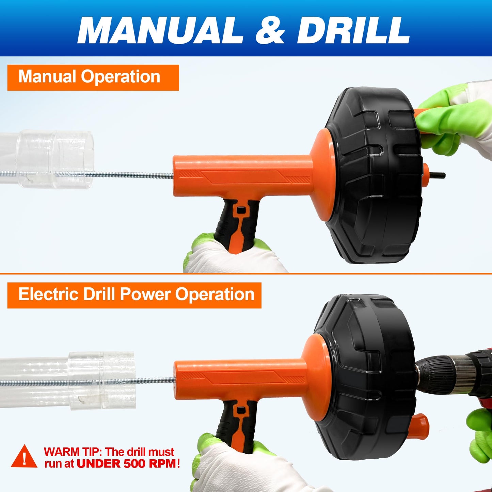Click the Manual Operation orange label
click(x=93, y=78)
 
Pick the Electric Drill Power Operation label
click(x=134, y=296)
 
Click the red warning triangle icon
click(x=24, y=456)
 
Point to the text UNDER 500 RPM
click(x=126, y=463)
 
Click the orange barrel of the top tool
click(x=242, y=176)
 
